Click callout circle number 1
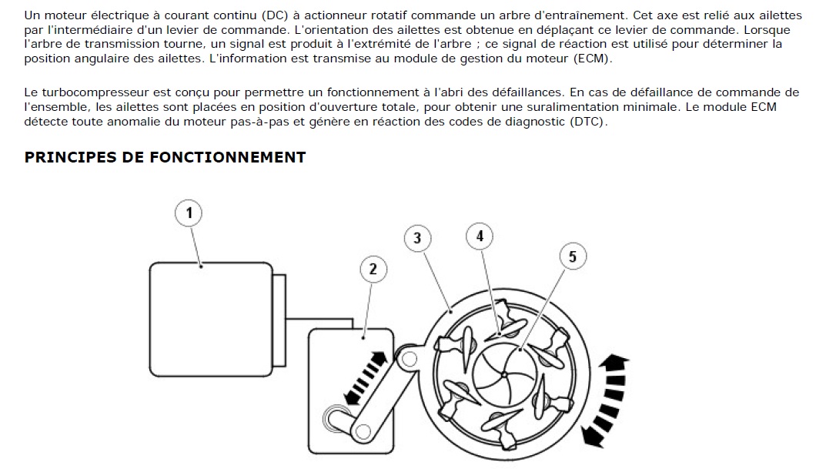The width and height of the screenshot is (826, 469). click(189, 213)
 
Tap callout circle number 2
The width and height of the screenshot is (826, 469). click(373, 270)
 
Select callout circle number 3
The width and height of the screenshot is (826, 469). click(417, 238)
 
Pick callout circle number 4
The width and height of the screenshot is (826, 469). click(480, 236)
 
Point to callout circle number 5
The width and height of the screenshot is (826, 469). click(573, 256)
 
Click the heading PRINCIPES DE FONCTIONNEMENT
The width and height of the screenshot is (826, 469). click(165, 158)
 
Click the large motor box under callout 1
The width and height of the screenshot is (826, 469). click(211, 320)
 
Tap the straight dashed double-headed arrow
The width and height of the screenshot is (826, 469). click(366, 378)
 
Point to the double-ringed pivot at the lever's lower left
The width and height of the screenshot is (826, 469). click(333, 418)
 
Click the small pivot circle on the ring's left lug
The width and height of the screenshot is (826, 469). click(410, 360)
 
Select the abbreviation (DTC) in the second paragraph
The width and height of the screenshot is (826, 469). click(588, 122)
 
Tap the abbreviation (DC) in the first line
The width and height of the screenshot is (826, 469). click(275, 15)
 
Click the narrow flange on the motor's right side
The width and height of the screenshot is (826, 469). click(279, 320)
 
